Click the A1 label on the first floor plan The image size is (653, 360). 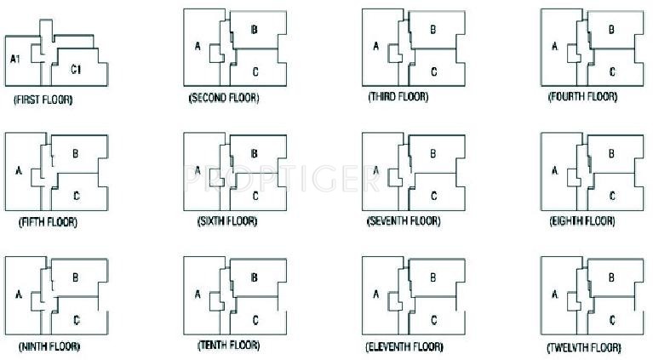(14, 59)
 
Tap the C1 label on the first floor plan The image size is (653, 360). (76, 68)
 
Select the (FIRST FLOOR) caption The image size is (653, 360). (43, 100)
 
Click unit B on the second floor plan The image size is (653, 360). (255, 30)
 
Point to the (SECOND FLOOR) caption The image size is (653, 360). (224, 98)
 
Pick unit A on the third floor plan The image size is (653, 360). (375, 46)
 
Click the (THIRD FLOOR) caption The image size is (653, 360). (398, 97)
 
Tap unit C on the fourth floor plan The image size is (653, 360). (612, 71)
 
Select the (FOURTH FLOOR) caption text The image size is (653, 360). (582, 97)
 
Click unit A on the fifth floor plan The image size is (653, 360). (18, 170)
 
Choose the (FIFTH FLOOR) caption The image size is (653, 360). (48, 222)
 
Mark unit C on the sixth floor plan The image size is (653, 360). (255, 195)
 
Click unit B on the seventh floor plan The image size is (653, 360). (432, 153)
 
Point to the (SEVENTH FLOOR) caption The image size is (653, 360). (404, 221)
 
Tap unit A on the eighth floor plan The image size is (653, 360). (554, 170)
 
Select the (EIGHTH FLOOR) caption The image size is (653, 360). (582, 221)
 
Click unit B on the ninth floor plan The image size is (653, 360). (76, 277)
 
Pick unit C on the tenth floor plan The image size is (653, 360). (255, 319)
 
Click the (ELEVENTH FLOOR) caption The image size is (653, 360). (404, 347)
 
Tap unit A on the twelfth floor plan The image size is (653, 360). (554, 294)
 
